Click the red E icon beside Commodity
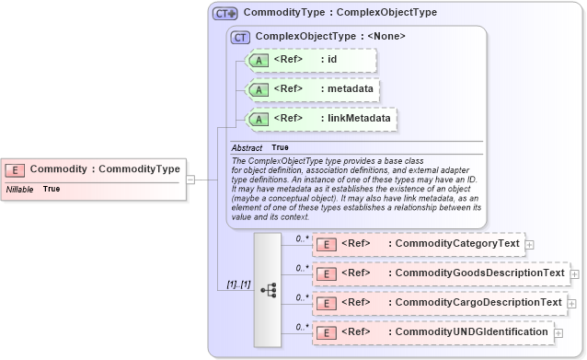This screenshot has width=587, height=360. click(16, 169)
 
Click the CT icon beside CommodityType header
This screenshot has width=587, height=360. click(224, 14)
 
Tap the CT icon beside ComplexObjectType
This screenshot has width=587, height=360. click(241, 37)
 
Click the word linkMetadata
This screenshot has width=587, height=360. click(360, 119)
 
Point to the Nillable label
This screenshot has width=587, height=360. click(20, 189)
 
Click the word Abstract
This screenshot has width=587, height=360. click(247, 148)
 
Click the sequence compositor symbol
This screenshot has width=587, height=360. click(268, 289)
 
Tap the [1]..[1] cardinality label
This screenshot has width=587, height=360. click(238, 285)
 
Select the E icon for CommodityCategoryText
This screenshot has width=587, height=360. click(326, 244)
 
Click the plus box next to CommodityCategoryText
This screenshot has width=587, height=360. click(530, 244)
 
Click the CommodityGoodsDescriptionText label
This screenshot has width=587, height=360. click(477, 273)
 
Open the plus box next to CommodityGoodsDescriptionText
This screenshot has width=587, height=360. click(574, 273)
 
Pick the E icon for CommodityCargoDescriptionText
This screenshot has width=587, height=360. click(326, 303)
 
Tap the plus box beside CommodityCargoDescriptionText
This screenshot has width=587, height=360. click(571, 303)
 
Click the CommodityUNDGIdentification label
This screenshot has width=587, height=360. click(468, 331)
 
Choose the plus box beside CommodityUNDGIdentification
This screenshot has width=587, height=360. click(558, 331)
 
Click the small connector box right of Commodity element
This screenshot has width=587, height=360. click(190, 180)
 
